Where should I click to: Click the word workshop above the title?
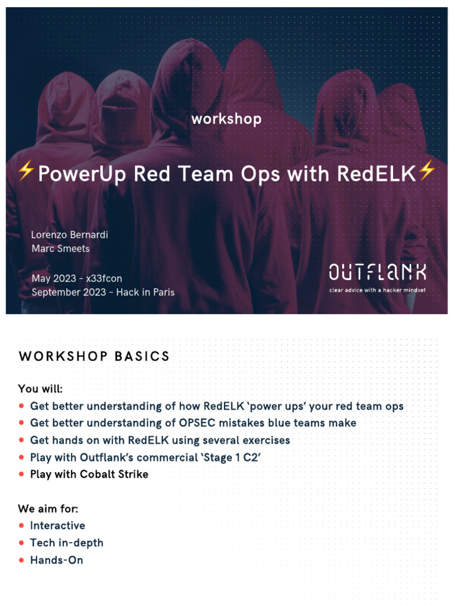point(226,119)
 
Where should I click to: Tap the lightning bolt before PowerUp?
point(26,171)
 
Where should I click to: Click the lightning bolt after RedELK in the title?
point(427,170)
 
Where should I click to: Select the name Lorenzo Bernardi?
point(70,234)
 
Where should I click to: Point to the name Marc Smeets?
point(61,249)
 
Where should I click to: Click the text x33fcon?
point(104,278)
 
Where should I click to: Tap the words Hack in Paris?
point(145,292)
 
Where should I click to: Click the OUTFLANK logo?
point(378,272)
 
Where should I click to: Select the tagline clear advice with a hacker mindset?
point(378,290)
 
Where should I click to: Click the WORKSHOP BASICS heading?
point(94,356)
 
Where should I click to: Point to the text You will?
point(40,388)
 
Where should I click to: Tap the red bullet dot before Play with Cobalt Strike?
point(21,474)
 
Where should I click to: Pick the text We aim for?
point(48,508)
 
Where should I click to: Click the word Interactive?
point(57,526)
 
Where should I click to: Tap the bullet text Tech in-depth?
point(67,543)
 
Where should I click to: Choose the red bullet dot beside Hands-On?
point(21,560)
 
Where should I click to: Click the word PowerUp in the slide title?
point(82,173)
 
